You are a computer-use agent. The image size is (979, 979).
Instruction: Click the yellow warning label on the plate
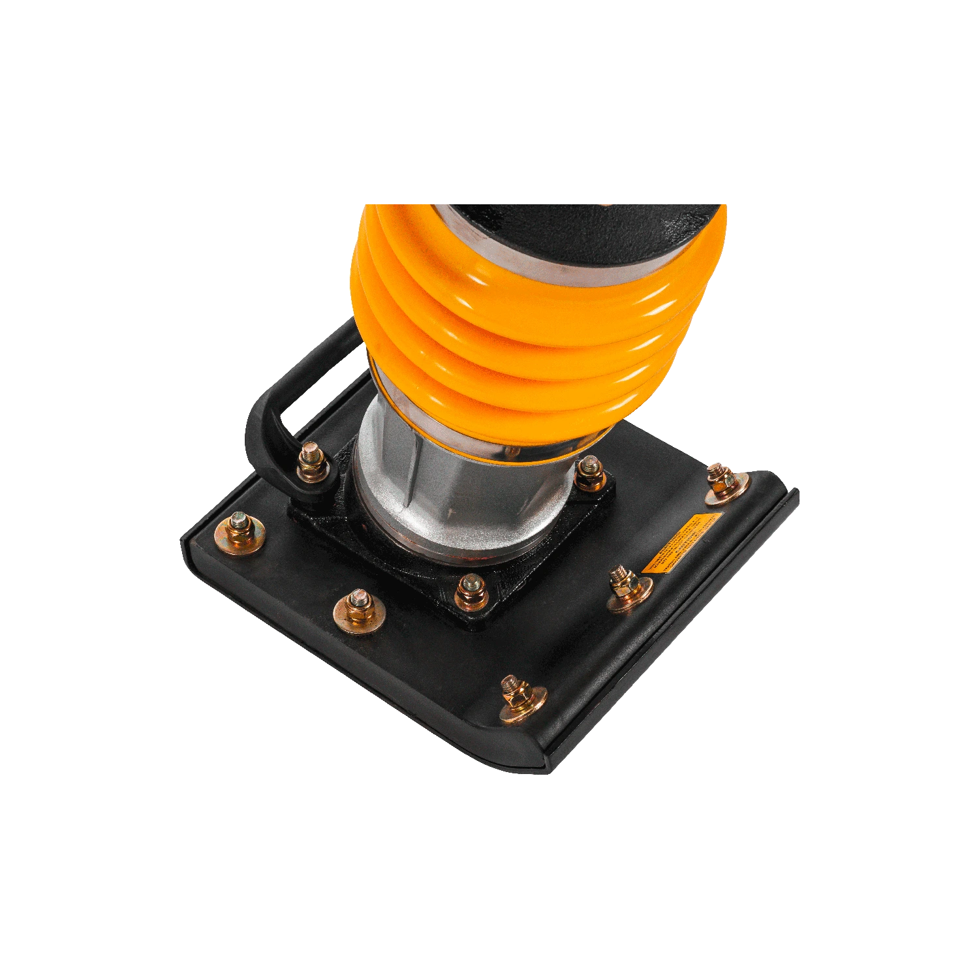point(681,543)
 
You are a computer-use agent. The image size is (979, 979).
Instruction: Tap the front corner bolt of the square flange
point(469,589)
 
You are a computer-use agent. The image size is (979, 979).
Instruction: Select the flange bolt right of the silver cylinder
point(590,472)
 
